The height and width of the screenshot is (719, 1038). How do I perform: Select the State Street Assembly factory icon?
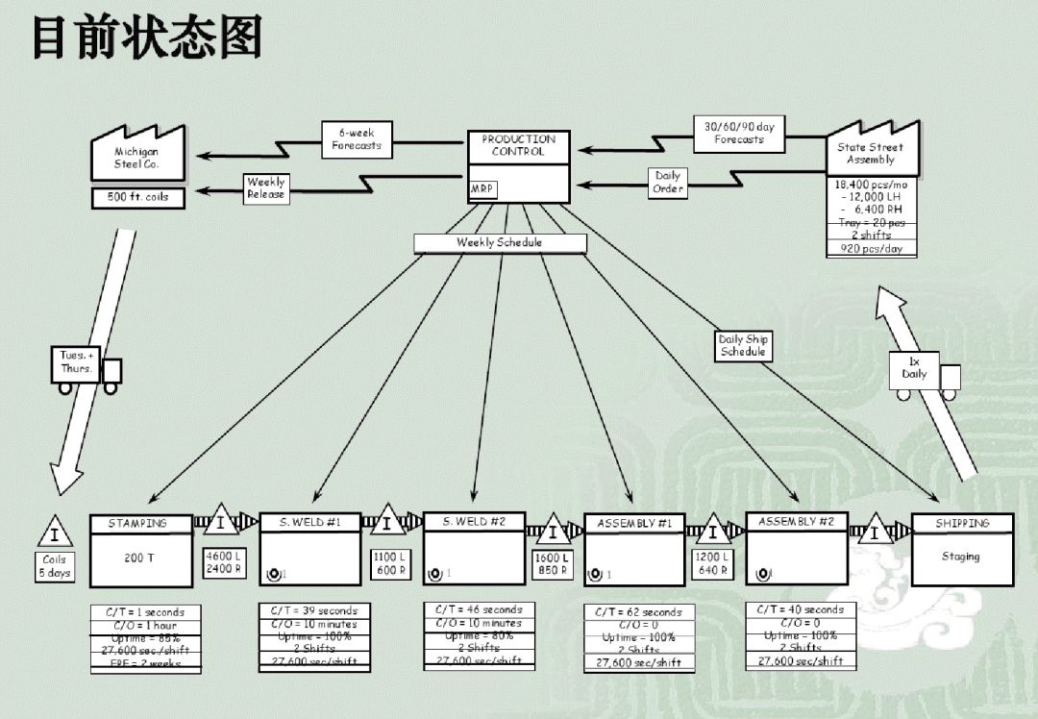(872, 152)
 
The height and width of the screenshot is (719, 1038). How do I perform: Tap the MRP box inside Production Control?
(482, 189)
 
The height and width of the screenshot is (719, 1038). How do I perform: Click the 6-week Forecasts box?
(357, 139)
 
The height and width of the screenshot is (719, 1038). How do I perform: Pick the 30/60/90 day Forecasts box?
(739, 133)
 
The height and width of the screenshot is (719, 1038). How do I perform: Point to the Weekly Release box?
(266, 187)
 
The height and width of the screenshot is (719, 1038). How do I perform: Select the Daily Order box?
(668, 183)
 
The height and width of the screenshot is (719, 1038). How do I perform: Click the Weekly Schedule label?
(499, 243)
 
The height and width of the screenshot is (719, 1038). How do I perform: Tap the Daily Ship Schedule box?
(744, 346)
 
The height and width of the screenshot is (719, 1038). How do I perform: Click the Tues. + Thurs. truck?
(86, 369)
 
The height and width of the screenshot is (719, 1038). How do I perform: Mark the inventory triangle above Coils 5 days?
(55, 532)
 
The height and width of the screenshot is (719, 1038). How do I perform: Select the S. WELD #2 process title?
(475, 522)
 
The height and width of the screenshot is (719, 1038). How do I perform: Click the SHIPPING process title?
(962, 524)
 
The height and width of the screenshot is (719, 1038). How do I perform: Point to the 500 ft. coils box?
(138, 197)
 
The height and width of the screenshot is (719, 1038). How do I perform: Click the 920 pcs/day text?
(872, 249)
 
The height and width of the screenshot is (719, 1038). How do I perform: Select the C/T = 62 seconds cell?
(639, 611)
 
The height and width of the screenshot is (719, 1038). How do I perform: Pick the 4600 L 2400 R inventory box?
(224, 562)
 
